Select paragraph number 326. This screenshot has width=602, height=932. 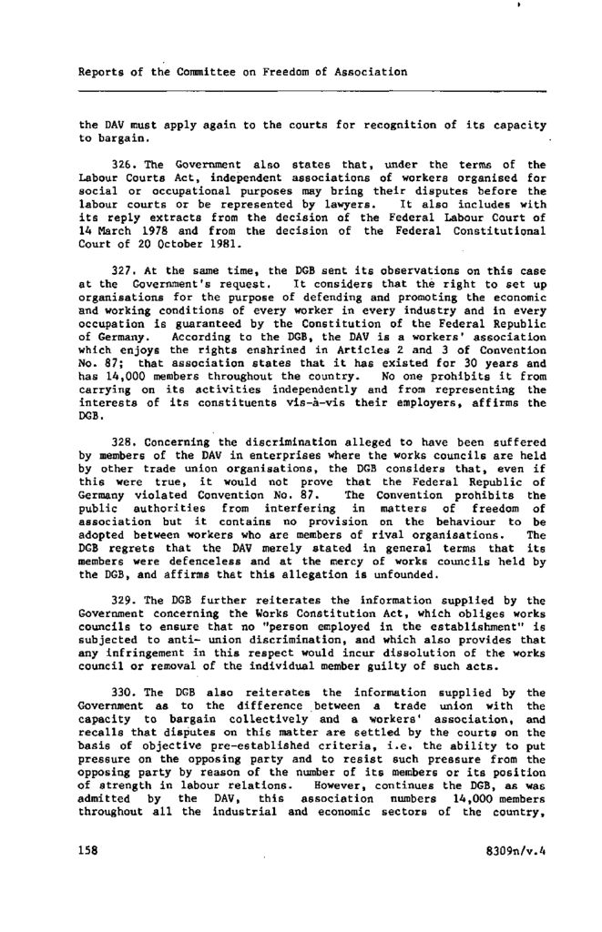(x=124, y=165)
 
